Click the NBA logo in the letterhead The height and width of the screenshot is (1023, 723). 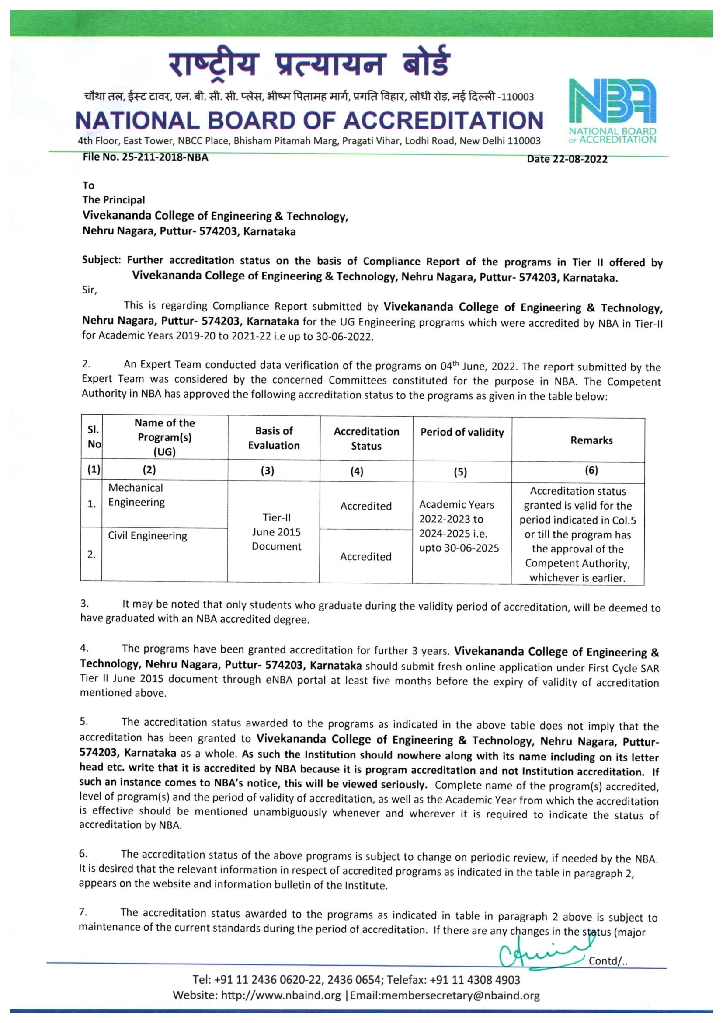612,111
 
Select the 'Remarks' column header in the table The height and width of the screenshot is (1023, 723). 591,440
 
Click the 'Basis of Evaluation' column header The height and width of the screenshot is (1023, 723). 274,438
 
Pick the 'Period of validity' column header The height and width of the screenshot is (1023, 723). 462,432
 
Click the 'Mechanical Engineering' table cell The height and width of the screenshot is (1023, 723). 136,495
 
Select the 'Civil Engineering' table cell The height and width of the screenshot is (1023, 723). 147,536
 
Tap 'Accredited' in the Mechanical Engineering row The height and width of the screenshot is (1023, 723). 366,506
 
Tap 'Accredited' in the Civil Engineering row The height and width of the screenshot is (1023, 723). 365,556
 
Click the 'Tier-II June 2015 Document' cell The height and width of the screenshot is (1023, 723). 276,532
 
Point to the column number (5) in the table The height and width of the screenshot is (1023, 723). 460,472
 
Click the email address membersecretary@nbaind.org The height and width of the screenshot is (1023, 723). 445,995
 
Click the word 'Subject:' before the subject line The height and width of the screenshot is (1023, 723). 101,260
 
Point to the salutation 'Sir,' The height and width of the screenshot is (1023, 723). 89,290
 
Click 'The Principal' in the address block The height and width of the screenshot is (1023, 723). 114,199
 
